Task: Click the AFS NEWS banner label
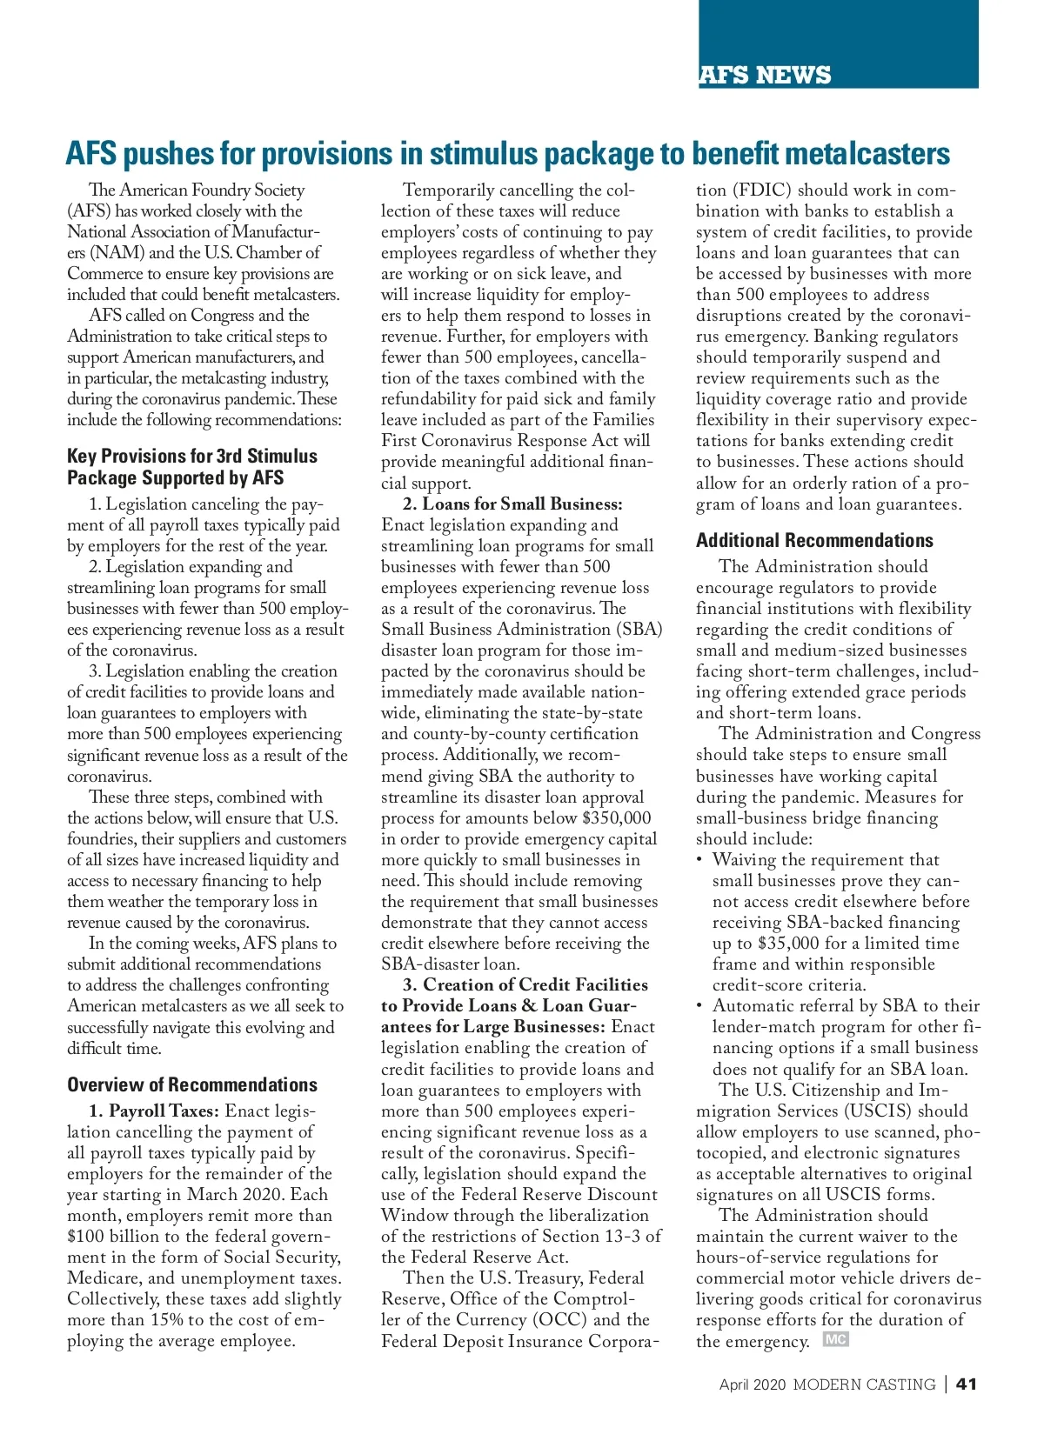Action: click(766, 75)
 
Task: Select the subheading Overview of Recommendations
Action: click(192, 1084)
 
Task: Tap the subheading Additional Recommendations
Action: click(814, 540)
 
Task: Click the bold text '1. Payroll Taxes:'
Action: click(154, 1111)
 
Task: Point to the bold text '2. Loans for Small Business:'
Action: click(512, 504)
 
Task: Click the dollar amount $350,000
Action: click(616, 817)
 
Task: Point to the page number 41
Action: click(967, 1384)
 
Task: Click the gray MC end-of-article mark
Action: click(835, 1339)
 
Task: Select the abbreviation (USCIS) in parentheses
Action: click(879, 1111)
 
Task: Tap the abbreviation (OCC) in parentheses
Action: click(559, 1319)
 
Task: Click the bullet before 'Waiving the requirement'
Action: click(699, 860)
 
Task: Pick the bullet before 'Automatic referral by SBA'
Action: click(699, 1006)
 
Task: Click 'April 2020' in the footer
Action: click(752, 1384)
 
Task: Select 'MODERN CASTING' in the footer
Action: click(864, 1384)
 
